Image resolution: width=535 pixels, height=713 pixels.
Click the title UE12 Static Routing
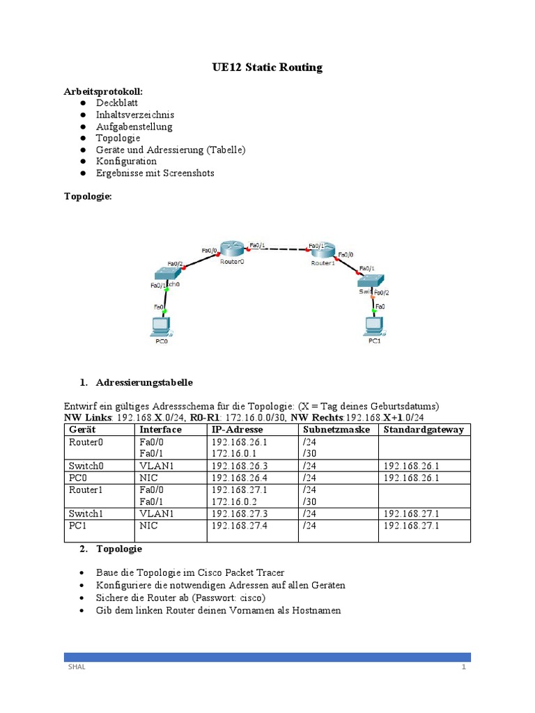pyautogui.click(x=267, y=68)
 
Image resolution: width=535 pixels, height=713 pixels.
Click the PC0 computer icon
pyautogui.click(x=160, y=326)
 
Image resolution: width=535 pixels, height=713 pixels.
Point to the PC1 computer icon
pyautogui.click(x=374, y=326)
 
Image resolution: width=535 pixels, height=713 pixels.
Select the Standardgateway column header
pyautogui.click(x=423, y=430)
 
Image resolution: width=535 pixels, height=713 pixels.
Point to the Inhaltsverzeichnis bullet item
pyautogui.click(x=135, y=115)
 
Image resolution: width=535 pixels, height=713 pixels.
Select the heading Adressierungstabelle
pyautogui.click(x=144, y=383)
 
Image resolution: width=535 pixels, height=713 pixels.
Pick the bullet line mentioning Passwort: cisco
pyautogui.click(x=181, y=597)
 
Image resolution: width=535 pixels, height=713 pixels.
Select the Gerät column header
pyautogui.click(x=84, y=430)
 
